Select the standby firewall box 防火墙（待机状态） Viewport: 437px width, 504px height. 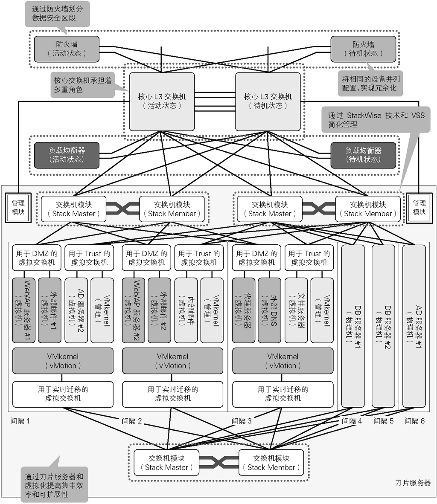[363, 49]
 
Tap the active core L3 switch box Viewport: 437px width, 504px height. [162, 101]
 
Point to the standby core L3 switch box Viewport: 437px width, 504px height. [268, 101]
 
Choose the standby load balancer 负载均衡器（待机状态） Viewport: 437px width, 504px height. [363, 155]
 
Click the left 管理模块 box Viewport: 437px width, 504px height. [18, 208]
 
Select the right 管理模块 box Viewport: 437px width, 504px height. [419, 208]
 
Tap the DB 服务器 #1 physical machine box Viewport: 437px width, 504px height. [353, 326]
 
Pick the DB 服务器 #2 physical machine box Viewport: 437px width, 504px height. [383, 326]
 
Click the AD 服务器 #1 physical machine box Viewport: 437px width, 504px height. [414, 326]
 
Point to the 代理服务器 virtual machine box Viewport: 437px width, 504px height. [244, 310]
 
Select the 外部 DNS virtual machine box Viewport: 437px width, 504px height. [269, 310]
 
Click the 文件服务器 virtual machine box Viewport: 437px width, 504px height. [296, 310]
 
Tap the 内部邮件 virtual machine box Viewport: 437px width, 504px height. [186, 310]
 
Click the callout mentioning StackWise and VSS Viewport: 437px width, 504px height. [376, 119]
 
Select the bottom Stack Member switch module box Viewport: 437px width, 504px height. [271, 463]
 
